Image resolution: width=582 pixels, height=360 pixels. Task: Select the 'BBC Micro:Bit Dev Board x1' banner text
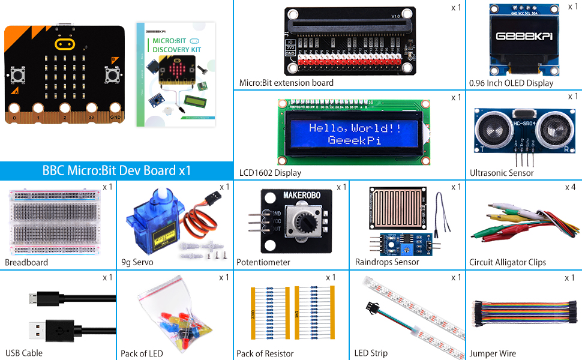(x=116, y=170)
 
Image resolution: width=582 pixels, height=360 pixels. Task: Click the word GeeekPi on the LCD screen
(x=354, y=140)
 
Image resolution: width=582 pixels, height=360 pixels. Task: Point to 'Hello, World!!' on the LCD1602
(x=355, y=128)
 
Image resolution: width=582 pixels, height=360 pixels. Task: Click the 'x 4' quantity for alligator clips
(x=570, y=187)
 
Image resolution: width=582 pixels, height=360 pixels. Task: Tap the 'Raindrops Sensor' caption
(x=387, y=262)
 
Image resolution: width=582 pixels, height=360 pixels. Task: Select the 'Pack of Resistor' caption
(x=265, y=353)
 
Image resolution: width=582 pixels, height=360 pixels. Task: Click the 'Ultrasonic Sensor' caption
(x=502, y=173)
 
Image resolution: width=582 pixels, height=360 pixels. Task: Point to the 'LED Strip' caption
(x=371, y=353)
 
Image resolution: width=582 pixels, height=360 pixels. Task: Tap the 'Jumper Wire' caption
(x=492, y=353)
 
